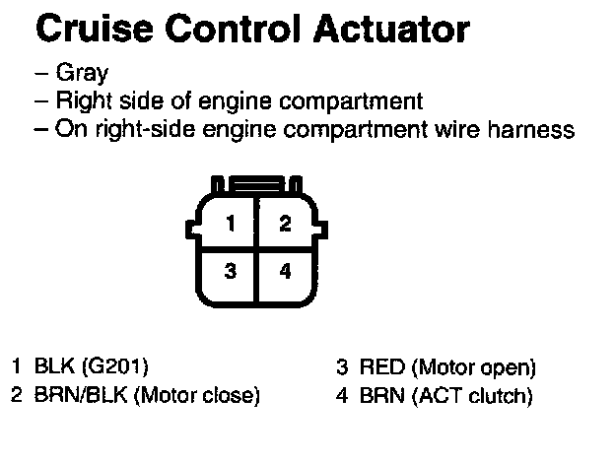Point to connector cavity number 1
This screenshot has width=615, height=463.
tap(230, 224)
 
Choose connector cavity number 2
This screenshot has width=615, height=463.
tap(285, 224)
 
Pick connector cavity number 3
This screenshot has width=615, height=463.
tap(230, 272)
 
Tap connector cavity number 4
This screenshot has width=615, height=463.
tap(285, 272)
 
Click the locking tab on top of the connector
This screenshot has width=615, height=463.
tap(257, 184)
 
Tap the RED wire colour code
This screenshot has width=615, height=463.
tap(381, 368)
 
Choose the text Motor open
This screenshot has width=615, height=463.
tap(475, 369)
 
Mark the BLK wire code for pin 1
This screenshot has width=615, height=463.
tap(49, 368)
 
